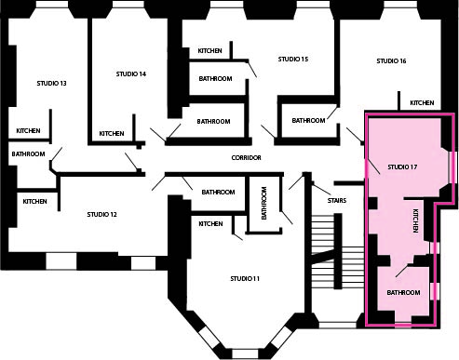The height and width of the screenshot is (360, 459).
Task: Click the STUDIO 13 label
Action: [x=51, y=84]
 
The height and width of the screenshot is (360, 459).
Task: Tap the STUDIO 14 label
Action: [x=131, y=74]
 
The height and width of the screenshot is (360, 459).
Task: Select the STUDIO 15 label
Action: [x=293, y=60]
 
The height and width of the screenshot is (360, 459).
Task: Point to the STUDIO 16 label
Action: [x=391, y=61]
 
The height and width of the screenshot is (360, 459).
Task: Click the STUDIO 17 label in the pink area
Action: [x=402, y=167]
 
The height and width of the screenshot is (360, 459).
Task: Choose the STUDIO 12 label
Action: [x=101, y=215]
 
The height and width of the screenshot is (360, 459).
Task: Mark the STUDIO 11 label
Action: [x=245, y=279]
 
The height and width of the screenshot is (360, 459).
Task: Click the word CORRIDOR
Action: [x=246, y=158]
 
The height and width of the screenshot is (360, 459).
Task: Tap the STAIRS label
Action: [x=337, y=201]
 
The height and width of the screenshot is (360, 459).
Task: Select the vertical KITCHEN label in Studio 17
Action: [x=415, y=220]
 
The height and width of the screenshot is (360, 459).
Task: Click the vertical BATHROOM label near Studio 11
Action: [x=264, y=203]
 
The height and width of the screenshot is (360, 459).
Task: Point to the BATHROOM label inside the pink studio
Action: [x=403, y=293]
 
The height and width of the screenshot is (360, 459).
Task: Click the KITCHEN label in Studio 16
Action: [x=422, y=102]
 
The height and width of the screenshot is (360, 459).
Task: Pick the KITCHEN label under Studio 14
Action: [x=112, y=134]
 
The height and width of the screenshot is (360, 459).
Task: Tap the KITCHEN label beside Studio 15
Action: [x=209, y=50]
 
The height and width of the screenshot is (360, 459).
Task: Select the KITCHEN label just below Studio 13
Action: [x=28, y=131]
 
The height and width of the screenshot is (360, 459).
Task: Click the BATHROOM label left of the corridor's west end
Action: [x=28, y=154]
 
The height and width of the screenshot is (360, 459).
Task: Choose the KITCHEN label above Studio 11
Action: [x=210, y=224]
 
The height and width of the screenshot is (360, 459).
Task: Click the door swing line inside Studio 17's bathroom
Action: [x=402, y=271]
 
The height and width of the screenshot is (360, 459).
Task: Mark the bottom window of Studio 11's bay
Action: [x=245, y=353]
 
